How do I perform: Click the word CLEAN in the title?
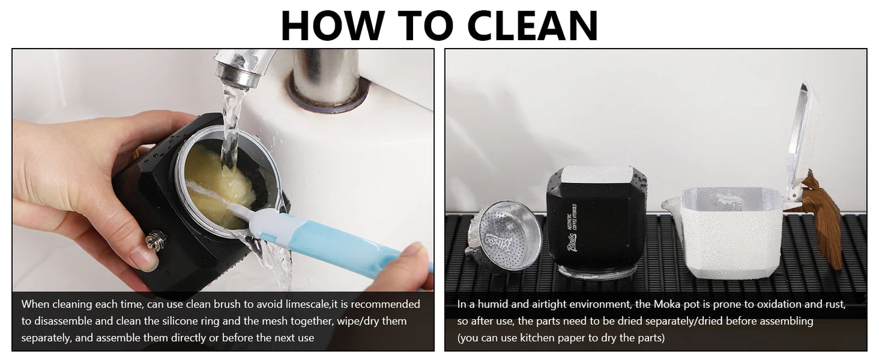pyautogui.click(x=532, y=26)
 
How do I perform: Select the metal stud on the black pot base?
pyautogui.click(x=155, y=240)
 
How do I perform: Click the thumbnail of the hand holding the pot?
pyautogui.click(x=144, y=260)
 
